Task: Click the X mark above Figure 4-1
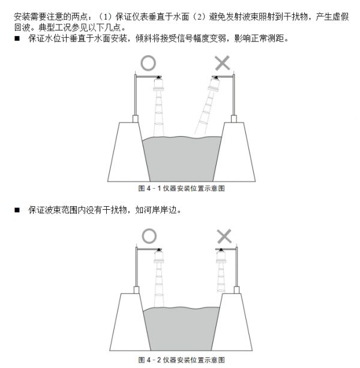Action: point(222,63)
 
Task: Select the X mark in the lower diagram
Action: point(224,236)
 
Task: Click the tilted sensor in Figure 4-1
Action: point(214,85)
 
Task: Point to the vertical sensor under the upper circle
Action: point(158,85)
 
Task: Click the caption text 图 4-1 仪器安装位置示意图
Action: point(181,188)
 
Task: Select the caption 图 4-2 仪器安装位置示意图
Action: point(181,360)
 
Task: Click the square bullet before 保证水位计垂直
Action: point(17,38)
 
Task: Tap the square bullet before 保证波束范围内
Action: point(17,210)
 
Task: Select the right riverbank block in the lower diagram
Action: point(232,322)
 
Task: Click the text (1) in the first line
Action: point(104,17)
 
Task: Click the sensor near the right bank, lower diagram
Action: point(221,257)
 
